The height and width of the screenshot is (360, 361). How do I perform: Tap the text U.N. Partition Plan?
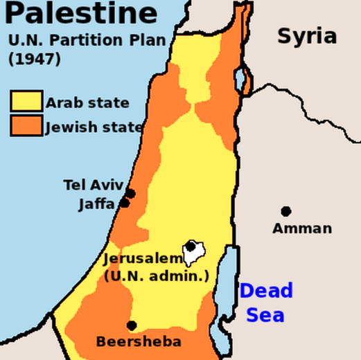87,40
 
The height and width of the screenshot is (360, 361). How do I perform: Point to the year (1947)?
35,60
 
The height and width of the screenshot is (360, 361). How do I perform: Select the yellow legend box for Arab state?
26,102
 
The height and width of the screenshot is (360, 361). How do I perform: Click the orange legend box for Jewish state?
26,125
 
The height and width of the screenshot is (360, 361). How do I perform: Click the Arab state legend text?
87,103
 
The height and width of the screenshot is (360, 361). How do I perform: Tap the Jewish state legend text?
94,127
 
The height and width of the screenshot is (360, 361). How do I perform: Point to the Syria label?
307,36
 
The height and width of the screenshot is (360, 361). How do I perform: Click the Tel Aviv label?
93,185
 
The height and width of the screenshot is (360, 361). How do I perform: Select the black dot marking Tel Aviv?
130,193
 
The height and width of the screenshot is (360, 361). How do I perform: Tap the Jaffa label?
96,204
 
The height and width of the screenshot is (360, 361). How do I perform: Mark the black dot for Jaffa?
125,203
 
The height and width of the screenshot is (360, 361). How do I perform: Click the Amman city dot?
285,211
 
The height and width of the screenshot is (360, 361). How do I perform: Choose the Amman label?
302,228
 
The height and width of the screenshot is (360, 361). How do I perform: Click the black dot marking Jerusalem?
191,246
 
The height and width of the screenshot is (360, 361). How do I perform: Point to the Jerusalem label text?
143,260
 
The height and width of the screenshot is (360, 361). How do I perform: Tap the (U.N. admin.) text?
156,276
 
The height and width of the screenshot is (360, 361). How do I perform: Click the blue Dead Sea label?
266,302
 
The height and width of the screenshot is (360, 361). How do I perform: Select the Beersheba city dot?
132,325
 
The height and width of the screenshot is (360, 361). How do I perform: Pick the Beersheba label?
139,341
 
